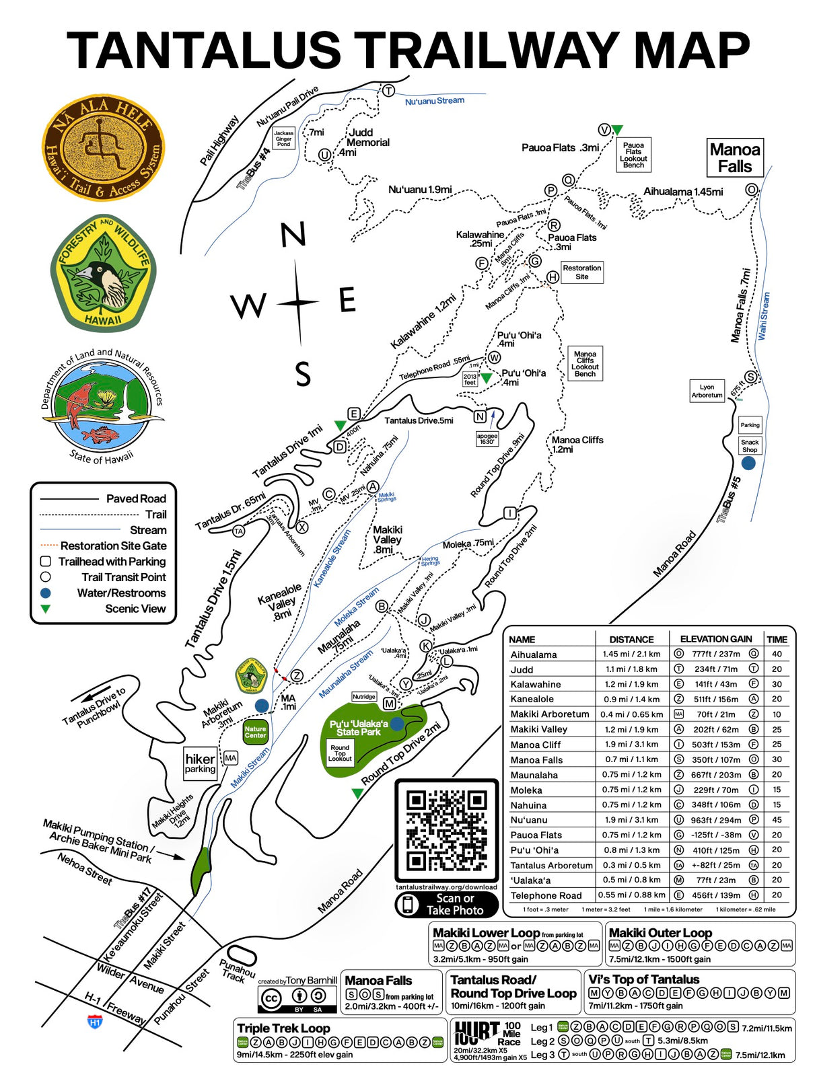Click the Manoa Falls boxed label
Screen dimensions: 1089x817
(x=735, y=158)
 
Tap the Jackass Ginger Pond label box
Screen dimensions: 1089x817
(x=283, y=139)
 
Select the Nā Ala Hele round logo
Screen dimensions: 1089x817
(x=103, y=148)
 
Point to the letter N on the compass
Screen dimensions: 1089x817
(x=293, y=235)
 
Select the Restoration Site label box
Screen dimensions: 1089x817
(x=581, y=272)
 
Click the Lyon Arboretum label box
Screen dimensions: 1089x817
(x=707, y=391)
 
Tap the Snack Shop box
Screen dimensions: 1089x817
(x=750, y=445)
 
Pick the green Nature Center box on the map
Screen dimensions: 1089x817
(x=255, y=732)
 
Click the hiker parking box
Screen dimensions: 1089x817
(x=200, y=763)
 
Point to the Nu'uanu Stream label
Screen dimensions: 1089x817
(x=434, y=101)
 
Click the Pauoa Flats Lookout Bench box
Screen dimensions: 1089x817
(x=633, y=155)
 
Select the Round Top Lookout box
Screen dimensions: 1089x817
(x=340, y=753)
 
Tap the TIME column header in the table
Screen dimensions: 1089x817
(x=777, y=640)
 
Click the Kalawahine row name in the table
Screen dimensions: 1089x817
(x=536, y=684)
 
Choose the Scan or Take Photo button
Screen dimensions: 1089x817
(x=447, y=904)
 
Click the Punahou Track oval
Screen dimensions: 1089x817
(x=240, y=955)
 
